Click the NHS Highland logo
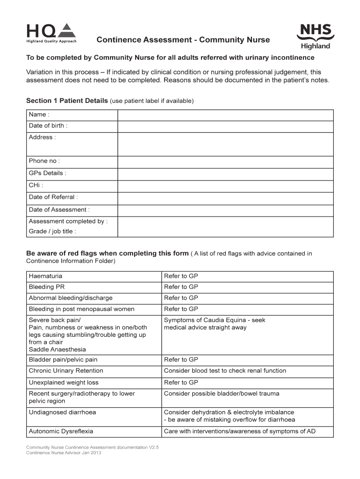click(316, 36)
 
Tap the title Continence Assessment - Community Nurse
click(183, 40)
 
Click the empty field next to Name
click(225, 115)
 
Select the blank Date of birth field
click(225, 126)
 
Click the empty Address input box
click(225, 144)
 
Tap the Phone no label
click(44, 161)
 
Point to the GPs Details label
click(48, 173)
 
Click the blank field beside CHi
click(225, 186)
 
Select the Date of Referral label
click(53, 197)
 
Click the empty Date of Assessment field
click(225, 210)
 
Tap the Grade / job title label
click(52, 231)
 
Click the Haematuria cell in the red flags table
click(45, 276)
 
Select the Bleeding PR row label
click(47, 287)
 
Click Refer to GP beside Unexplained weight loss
click(181, 382)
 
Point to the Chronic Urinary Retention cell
click(66, 371)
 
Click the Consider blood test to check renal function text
click(225, 371)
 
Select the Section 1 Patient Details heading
click(67, 101)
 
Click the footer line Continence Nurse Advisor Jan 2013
click(64, 453)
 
